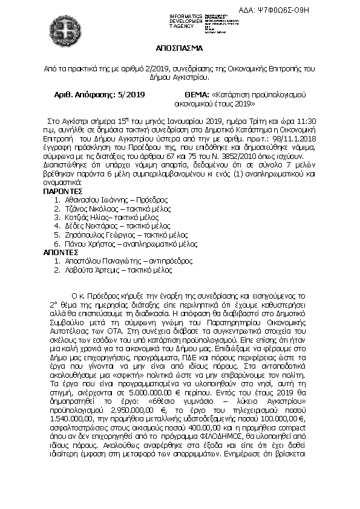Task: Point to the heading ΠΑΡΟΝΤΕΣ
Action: click(x=62, y=190)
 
